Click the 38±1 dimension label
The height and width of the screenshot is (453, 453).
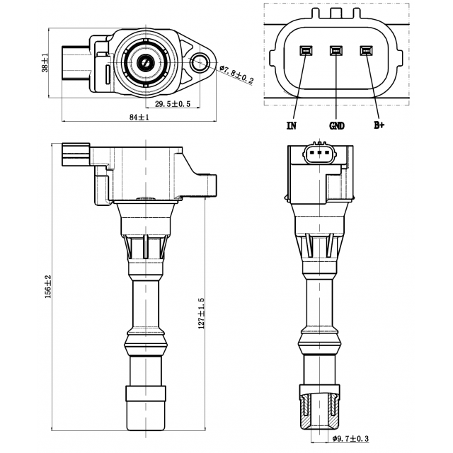(x=45, y=63)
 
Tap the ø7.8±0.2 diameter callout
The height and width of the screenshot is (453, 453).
(x=236, y=73)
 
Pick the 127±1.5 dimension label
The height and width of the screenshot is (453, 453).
(x=201, y=313)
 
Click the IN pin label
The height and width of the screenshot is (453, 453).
(x=291, y=126)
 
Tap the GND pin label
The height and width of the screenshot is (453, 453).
(x=337, y=126)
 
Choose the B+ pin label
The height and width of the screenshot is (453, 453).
(x=379, y=126)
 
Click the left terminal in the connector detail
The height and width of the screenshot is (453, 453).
(x=306, y=51)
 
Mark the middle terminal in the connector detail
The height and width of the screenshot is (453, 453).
(x=336, y=51)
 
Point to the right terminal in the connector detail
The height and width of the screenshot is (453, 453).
(x=366, y=51)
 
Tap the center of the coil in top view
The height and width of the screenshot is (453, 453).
(x=146, y=62)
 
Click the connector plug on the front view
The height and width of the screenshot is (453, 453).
(x=76, y=152)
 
